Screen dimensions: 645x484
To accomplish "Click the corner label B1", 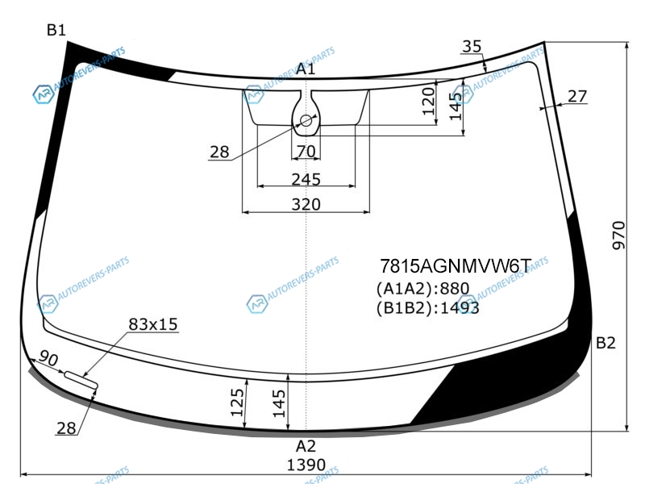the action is point(56,30).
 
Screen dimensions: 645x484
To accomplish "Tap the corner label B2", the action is point(605,342).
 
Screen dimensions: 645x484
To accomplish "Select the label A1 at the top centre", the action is point(306,69).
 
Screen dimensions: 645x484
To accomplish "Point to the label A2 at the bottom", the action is point(306,446).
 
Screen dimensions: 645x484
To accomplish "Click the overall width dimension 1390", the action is point(306,465).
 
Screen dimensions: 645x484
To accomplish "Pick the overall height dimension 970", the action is point(618,236).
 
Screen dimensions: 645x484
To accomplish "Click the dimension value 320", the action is point(306,204).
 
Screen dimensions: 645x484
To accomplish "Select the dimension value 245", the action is point(306,179).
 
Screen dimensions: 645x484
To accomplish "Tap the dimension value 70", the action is point(306,152).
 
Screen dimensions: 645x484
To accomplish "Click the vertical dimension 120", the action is point(429,102).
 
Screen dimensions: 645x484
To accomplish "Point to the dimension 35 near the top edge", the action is point(472,47).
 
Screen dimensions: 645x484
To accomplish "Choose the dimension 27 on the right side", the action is point(577,96).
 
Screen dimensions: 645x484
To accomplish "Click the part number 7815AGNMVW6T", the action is point(456,266).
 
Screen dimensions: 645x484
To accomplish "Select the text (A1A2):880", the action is point(422,289).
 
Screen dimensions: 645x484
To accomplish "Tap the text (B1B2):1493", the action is point(428,308).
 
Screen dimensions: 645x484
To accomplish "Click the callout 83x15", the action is point(153,324).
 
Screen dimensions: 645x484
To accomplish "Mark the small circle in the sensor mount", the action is point(306,120).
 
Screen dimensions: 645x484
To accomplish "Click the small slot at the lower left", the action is point(81,379).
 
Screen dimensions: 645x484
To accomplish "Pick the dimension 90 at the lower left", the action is point(48,359).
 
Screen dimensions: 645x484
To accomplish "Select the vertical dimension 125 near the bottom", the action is point(237,403).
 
